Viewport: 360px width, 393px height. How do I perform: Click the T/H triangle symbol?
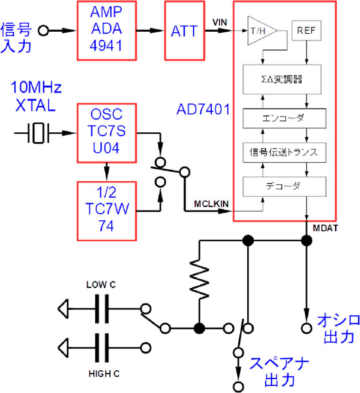tap(258, 31)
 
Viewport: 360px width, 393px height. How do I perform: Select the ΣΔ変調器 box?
tap(284, 79)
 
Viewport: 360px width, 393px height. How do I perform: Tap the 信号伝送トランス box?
tap(284, 152)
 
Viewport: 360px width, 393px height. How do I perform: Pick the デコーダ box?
tap(284, 186)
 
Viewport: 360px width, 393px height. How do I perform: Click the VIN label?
tap(220, 22)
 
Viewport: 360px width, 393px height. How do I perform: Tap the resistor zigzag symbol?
tap(199, 280)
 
